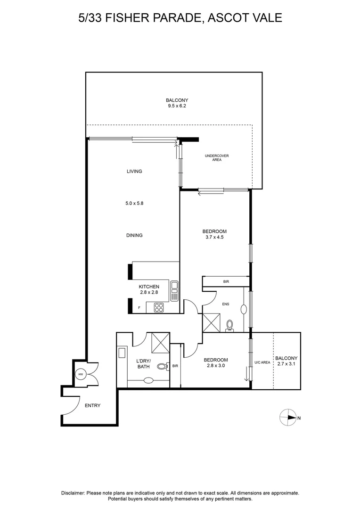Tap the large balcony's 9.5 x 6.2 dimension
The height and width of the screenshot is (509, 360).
point(177,106)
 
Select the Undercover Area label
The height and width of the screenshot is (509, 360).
point(216,158)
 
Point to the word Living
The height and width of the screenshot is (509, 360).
point(134,172)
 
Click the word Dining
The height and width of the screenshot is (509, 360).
point(134,236)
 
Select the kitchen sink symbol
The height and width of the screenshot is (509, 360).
point(174,290)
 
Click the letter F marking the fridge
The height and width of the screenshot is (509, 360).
point(139,308)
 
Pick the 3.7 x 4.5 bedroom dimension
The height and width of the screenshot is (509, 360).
point(214,238)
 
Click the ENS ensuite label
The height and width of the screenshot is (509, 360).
point(226,304)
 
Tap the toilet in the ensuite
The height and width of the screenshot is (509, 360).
point(230,325)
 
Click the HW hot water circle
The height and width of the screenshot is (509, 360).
point(80,374)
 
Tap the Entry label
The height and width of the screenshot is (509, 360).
point(92,405)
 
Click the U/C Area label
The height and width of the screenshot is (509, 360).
point(262,362)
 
